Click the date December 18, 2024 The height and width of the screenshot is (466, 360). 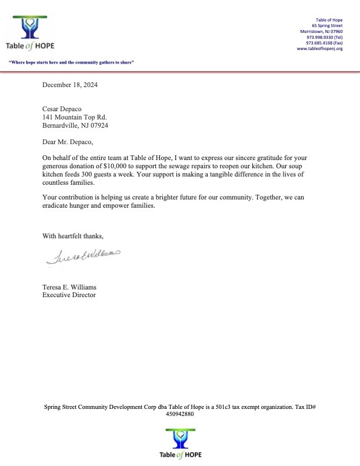pos(70,85)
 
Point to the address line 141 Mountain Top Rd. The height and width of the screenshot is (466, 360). pos(74,117)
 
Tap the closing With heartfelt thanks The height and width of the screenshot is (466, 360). pos(73,236)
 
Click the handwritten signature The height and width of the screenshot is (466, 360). pos(82,255)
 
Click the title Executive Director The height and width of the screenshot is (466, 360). pos(69,295)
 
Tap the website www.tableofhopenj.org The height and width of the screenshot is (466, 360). pos(319,49)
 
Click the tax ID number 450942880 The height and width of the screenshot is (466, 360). pos(180,414)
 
